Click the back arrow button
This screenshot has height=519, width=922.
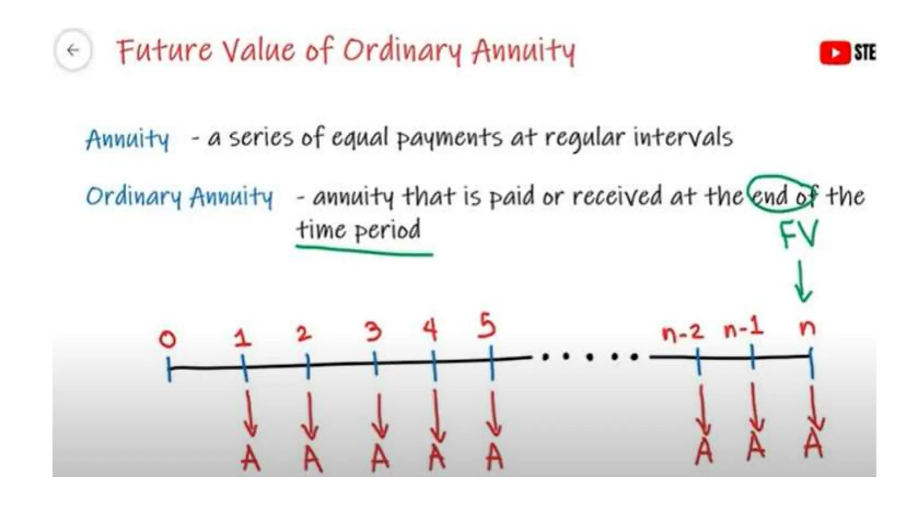tap(73, 50)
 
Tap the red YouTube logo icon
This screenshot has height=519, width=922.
tap(835, 53)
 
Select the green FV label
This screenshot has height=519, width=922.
tap(799, 234)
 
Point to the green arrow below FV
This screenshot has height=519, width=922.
tap(802, 282)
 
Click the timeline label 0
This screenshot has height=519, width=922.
tap(167, 339)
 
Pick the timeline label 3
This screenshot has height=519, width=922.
tap(373, 332)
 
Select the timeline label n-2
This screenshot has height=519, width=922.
tap(682, 332)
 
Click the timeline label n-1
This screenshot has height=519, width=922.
tap(744, 328)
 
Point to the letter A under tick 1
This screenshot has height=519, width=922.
tap(250, 459)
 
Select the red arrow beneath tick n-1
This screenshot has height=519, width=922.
tap(755, 408)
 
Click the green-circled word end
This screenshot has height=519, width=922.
tap(771, 196)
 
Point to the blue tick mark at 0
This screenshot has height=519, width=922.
tap(169, 369)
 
